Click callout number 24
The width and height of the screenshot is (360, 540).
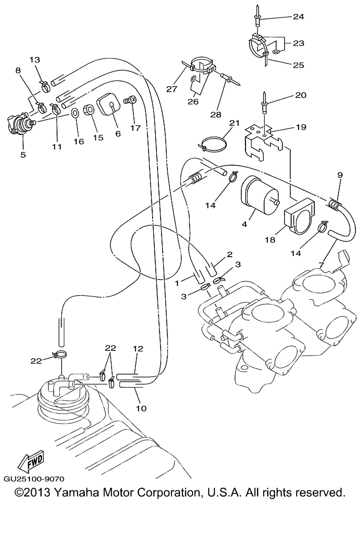pyautogui.click(x=298, y=17)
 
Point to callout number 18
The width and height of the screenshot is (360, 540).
pyautogui.click(x=270, y=240)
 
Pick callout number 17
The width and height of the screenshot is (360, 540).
pyautogui.click(x=135, y=128)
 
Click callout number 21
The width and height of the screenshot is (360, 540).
pyautogui.click(x=234, y=123)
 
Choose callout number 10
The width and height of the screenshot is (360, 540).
pyautogui.click(x=141, y=409)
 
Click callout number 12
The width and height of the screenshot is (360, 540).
pyautogui.click(x=138, y=349)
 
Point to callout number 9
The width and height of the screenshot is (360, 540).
pyautogui.click(x=340, y=175)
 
